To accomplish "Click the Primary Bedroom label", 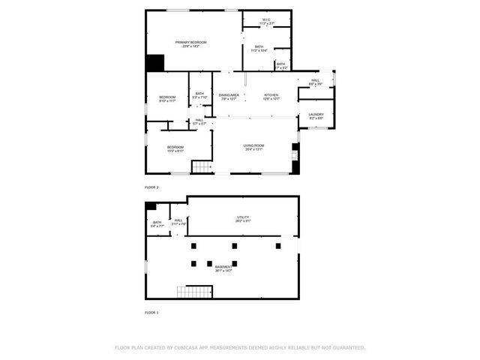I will pyautogui.click(x=191, y=42).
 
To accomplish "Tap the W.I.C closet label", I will pyautogui.click(x=266, y=19).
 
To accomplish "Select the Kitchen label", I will pyautogui.click(x=271, y=95).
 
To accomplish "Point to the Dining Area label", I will pyautogui.click(x=229, y=95).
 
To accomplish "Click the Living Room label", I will pyautogui.click(x=253, y=145).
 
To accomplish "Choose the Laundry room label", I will pyautogui.click(x=316, y=115).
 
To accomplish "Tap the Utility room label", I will pyautogui.click(x=243, y=217).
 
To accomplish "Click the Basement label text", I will pyautogui.click(x=223, y=267).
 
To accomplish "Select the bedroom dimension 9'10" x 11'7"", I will pyautogui.click(x=167, y=101).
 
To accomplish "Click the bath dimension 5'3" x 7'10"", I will pyautogui.click(x=199, y=97).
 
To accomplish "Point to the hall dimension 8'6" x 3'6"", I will pyautogui.click(x=315, y=84).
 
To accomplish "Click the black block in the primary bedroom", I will pyautogui.click(x=155, y=63).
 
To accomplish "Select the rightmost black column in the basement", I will pyautogui.click(x=278, y=245).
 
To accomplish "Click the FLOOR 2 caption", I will pyautogui.click(x=152, y=187).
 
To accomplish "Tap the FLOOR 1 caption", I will pyautogui.click(x=152, y=311).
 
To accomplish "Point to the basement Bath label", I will pyautogui.click(x=157, y=222).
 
